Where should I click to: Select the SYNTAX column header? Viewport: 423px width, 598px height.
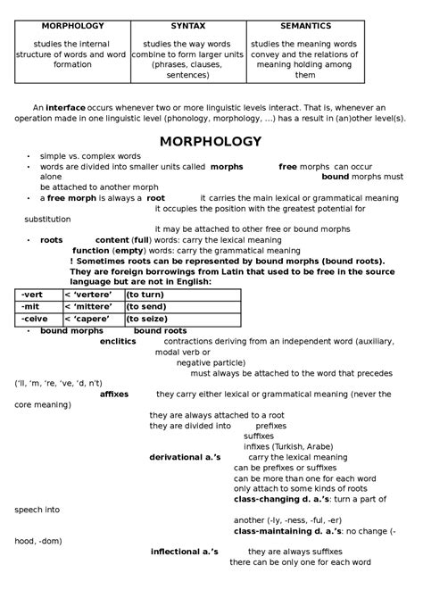pos(187,27)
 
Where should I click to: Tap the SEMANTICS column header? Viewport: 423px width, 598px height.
pos(305,27)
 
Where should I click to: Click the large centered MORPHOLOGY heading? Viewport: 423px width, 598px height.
pos(210,141)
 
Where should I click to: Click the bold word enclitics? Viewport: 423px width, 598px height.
pos(118,341)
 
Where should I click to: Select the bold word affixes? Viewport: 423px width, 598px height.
pos(114,394)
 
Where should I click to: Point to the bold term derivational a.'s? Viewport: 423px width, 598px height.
pos(185,457)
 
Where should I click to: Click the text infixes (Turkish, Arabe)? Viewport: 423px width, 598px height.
pos(287,446)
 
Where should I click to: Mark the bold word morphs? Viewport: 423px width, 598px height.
pos(228,167)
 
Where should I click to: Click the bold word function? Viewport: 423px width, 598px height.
pos(91,251)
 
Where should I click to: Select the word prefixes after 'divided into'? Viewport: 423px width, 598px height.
pos(259,426)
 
